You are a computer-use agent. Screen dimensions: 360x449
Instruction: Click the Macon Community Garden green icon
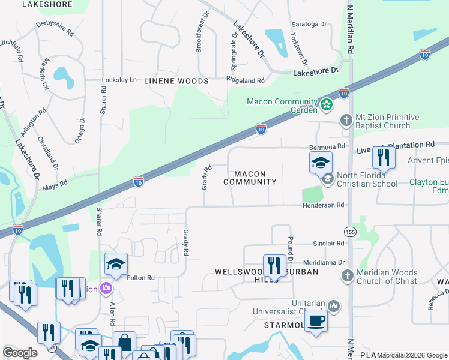327,105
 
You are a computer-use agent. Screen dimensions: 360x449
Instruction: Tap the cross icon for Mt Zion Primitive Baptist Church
346,120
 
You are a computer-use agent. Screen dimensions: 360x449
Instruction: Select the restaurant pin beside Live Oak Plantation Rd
382,157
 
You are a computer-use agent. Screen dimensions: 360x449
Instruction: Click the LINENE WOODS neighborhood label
175,81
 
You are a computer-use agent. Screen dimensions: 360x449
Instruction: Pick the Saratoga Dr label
309,25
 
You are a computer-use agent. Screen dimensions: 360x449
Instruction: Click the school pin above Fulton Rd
116,263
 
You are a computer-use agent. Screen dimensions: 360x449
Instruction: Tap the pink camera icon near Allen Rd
106,289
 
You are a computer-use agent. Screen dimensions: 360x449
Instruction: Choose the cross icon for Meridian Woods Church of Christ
346,276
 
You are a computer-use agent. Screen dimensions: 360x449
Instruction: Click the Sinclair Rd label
328,244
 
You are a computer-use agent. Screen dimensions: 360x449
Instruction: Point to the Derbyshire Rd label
55,29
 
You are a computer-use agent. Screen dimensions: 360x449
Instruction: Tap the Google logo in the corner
20,353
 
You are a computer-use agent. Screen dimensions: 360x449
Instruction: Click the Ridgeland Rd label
246,80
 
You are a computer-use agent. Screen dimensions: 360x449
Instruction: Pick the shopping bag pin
125,342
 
